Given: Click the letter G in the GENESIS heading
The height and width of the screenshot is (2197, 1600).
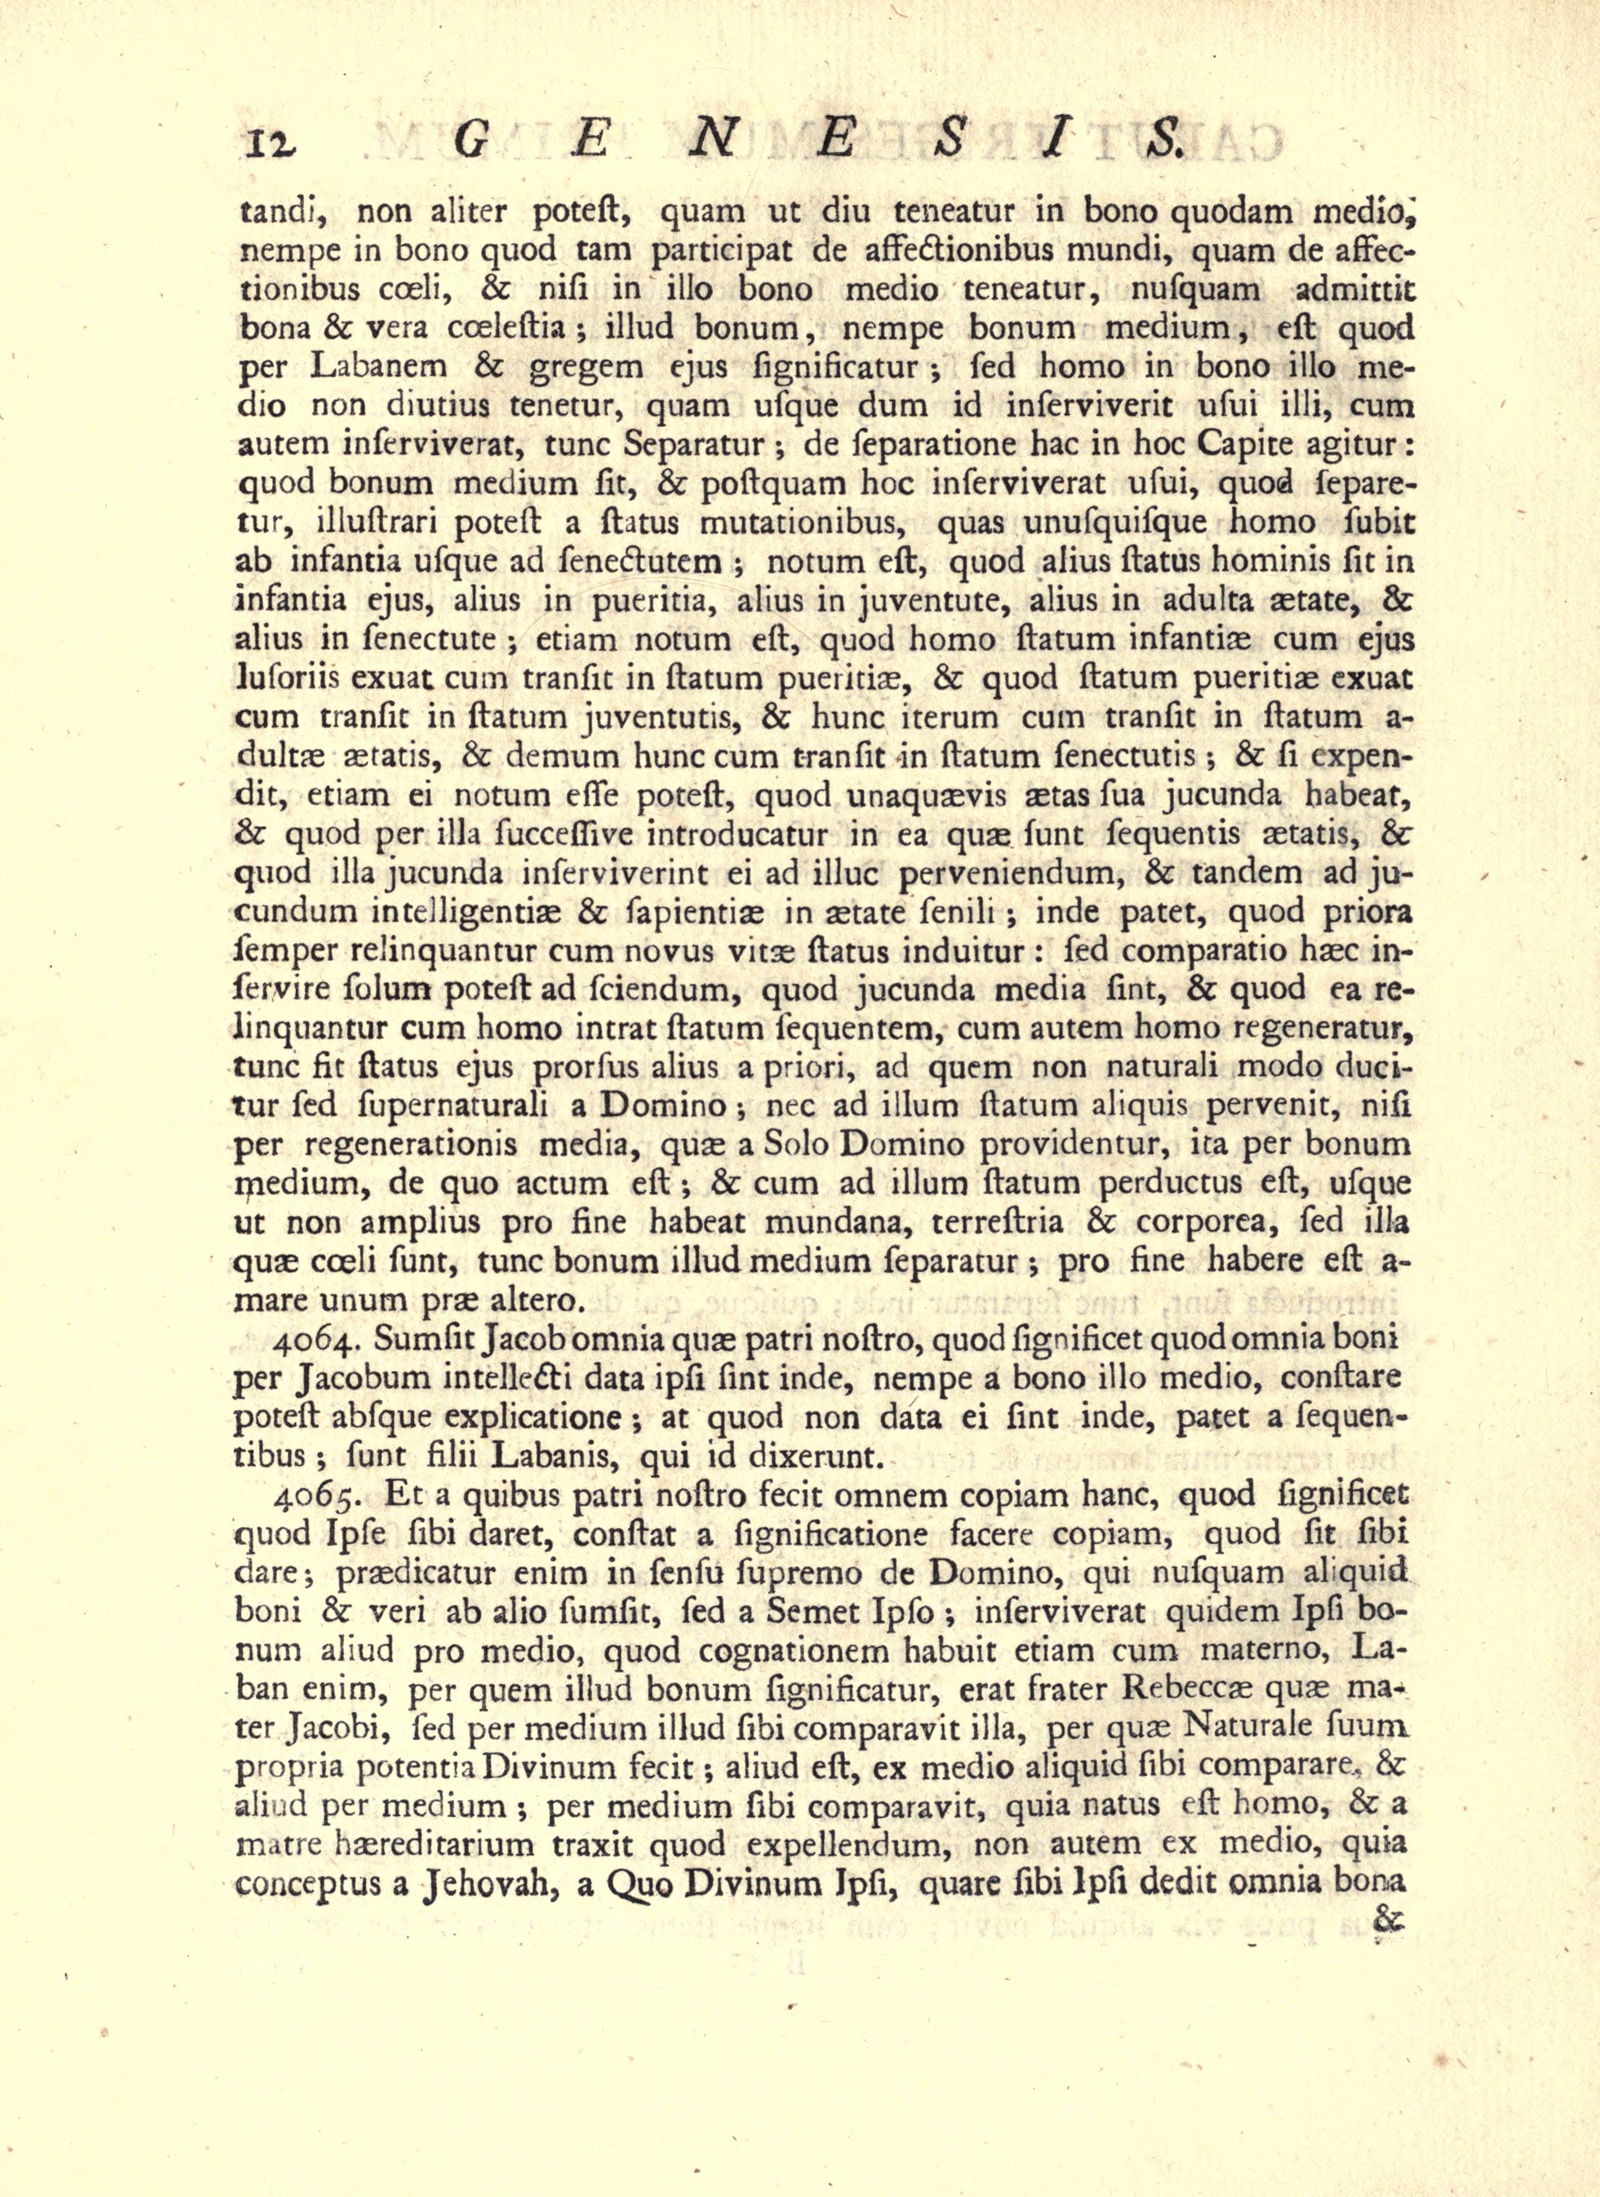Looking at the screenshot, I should (x=473, y=142).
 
